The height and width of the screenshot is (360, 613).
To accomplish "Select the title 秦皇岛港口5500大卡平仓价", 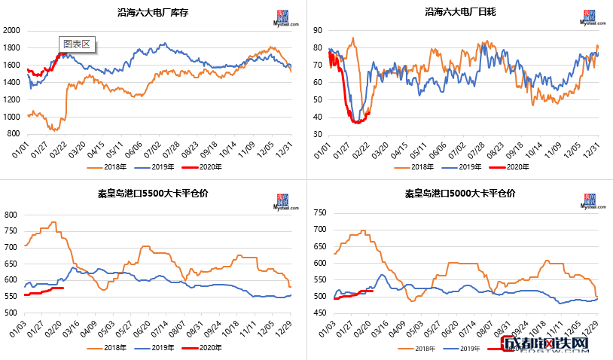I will click(154, 193).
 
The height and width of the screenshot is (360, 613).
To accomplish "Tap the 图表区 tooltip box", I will click(76, 44).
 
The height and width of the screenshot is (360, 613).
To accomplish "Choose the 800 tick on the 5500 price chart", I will click(11, 215).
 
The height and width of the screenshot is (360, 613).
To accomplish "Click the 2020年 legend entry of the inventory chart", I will click(212, 166).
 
